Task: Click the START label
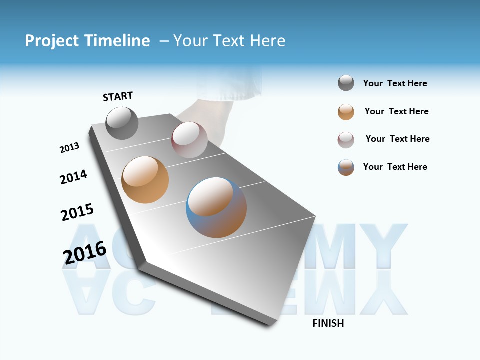coord(118,96)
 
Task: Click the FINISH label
coord(328,323)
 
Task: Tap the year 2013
coord(70,148)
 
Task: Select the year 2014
coord(74,177)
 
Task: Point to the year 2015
coord(77,212)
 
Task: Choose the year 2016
coord(85,253)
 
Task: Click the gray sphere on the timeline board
coord(122,123)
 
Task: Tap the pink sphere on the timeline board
coord(189,140)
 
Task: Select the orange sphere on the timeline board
coord(145,179)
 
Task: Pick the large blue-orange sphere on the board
coord(216,207)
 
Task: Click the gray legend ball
coord(346,83)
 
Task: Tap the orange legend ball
coord(346,112)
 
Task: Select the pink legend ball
coord(346,140)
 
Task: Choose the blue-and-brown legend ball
coord(346,167)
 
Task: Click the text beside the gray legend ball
coord(395,83)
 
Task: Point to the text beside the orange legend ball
coord(396,111)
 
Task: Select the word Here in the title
coord(268,41)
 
